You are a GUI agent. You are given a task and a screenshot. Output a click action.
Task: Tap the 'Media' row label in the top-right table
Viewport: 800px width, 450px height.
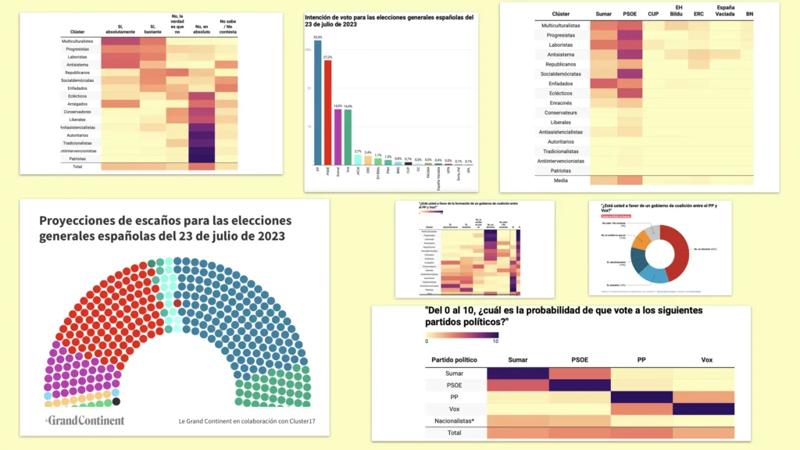[561, 180]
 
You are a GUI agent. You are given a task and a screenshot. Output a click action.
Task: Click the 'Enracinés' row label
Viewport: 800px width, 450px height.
[561, 102]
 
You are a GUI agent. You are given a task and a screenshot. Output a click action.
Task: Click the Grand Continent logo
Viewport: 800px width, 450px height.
[84, 420]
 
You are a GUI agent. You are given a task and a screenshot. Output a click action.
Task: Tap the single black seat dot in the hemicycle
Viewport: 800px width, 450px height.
[116, 402]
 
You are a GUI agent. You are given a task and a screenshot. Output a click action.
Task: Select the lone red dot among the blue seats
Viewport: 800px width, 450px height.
[177, 303]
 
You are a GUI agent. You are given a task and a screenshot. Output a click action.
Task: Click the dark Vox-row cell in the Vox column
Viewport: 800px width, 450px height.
[703, 409]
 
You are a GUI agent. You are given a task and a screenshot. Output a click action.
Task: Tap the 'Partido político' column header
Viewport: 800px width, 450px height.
[454, 360]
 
